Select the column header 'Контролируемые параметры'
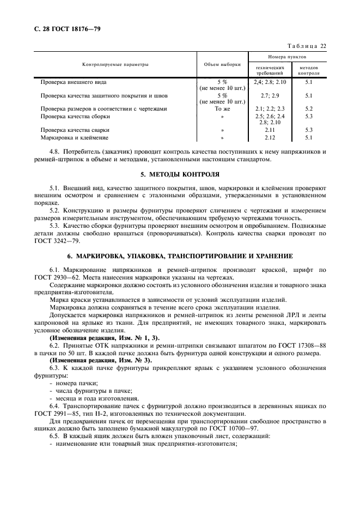click(115, 64)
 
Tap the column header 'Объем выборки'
click(222, 64)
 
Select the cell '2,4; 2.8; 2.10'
click(270, 82)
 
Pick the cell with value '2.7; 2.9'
click(270, 95)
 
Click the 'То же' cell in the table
click(222, 108)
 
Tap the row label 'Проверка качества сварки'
click(75, 130)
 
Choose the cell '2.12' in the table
click(270, 137)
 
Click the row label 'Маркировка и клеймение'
click(74, 137)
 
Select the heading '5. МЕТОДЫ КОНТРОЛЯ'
click(180, 174)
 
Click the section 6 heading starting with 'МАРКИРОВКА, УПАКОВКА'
click(180, 256)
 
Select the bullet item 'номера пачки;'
click(70, 384)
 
